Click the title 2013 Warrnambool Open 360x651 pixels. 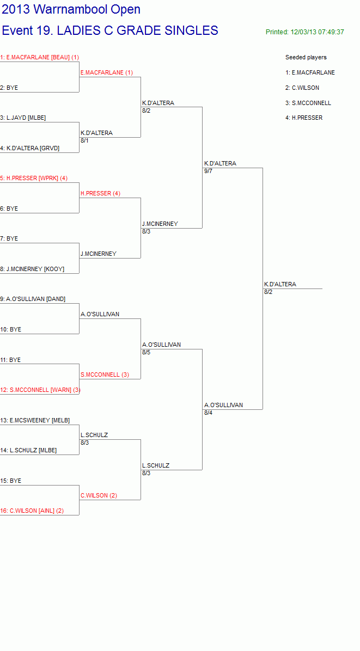(71, 9)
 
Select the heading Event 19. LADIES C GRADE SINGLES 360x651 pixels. (110, 30)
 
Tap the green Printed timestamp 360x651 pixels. (305, 32)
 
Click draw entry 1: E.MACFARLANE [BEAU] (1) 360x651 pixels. (40, 57)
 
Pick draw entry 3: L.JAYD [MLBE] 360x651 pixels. (23, 118)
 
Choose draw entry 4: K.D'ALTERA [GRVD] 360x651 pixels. (30, 148)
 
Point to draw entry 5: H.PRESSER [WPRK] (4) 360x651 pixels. (34, 178)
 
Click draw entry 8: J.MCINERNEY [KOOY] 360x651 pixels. (32, 269)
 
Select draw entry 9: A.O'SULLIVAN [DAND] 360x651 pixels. (33, 299)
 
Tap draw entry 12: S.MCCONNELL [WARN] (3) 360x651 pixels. (41, 390)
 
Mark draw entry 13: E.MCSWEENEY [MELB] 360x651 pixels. (35, 420)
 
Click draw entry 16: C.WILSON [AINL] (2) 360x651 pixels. (32, 511)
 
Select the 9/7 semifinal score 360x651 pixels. (208, 171)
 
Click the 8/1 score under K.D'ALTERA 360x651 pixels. (85, 141)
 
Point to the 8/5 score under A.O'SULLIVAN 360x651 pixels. (146, 353)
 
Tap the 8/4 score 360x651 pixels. (208, 413)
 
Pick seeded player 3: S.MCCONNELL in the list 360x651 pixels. (308, 103)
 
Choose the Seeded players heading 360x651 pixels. (306, 57)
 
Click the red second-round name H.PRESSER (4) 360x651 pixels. (101, 193)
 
